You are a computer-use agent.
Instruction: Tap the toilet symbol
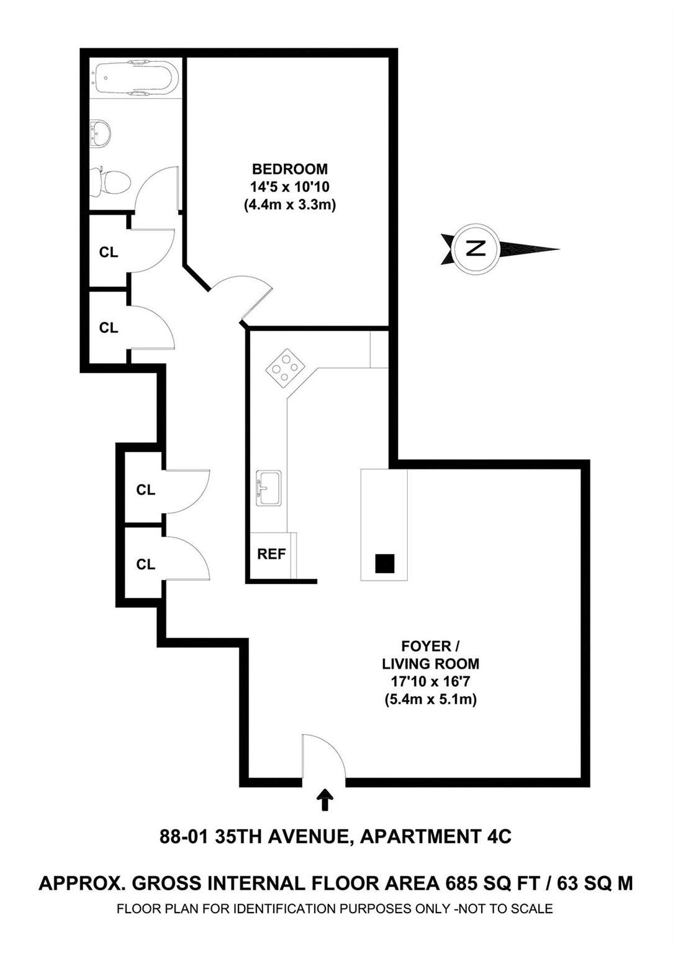[x=111, y=181]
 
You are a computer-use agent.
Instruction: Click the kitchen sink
[x=269, y=488]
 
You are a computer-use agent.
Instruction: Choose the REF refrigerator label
[x=271, y=554]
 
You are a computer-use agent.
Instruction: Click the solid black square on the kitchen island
[x=385, y=563]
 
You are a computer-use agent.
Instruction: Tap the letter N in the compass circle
[x=476, y=248]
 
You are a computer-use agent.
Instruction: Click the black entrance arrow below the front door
[x=323, y=800]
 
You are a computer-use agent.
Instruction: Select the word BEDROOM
[x=289, y=169]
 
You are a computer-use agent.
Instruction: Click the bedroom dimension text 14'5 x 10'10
[x=289, y=187]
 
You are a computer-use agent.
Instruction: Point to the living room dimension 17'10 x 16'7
[x=430, y=681]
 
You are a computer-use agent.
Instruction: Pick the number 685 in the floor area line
[x=465, y=883]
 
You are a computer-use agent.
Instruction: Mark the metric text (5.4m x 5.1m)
[x=430, y=700]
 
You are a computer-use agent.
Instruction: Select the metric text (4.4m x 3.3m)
[x=289, y=205]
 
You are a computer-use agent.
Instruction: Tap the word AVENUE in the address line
[x=309, y=836]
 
